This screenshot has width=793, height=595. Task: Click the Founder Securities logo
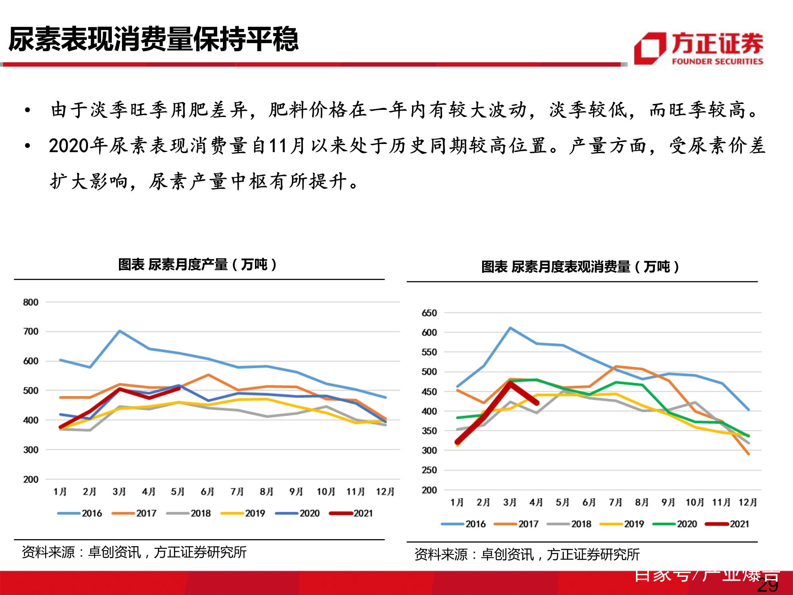coord(699,48)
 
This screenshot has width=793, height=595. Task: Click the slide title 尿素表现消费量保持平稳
coord(153,40)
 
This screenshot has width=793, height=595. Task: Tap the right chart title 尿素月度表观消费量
coord(580,267)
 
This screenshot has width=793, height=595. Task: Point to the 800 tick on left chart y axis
coord(31,302)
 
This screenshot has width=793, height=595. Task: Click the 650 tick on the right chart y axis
coord(429,313)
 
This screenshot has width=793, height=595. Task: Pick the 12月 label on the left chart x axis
coord(385,492)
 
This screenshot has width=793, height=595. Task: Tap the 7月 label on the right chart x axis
coord(615,503)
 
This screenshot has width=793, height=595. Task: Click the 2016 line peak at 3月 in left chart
coord(120,331)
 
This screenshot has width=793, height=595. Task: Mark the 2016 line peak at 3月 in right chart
coord(510,328)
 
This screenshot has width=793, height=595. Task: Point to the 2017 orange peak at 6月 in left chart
coord(208,375)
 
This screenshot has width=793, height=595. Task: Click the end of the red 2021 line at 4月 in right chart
coord(537,403)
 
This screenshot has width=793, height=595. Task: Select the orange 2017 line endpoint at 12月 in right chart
coord(748,454)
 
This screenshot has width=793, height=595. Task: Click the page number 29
coord(768,586)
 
